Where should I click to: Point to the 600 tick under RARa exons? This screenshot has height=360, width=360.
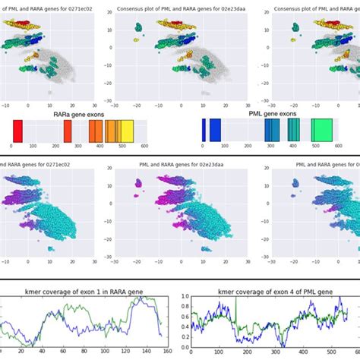click(x=144, y=147)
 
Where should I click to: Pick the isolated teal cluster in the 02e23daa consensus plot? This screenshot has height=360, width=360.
click(x=139, y=28)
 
